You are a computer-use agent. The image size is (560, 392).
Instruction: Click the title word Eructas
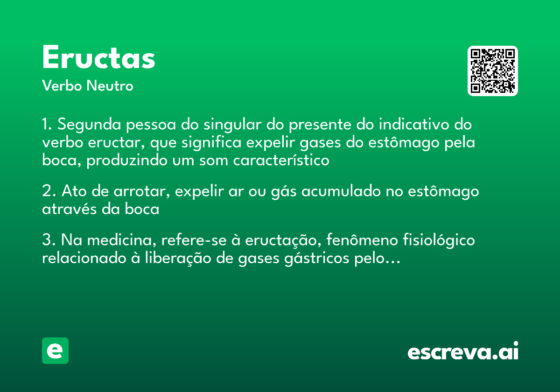point(98,58)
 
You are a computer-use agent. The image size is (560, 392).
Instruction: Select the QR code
point(493,71)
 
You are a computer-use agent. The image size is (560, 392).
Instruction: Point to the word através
point(70,209)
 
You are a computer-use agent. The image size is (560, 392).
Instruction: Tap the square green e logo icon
point(55,351)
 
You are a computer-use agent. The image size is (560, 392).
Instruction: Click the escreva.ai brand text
point(463,352)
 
